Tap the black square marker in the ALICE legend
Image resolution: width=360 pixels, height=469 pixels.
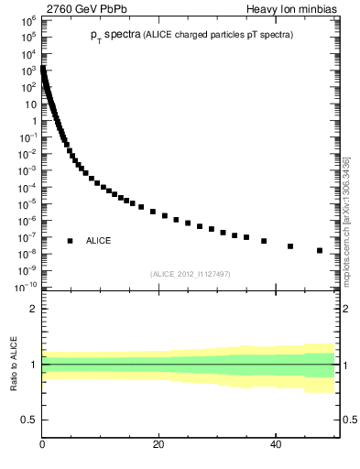[70, 241]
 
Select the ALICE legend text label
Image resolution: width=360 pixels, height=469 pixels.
[99, 241]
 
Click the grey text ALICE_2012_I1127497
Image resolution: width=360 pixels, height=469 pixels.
[191, 273]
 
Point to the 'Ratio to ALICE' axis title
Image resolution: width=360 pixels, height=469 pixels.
[14, 365]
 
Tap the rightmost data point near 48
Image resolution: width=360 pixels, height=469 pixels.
[320, 251]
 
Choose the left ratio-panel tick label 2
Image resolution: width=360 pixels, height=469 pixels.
[33, 309]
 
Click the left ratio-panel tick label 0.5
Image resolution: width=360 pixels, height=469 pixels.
[29, 420]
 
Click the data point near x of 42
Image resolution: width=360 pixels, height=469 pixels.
[290, 246]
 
